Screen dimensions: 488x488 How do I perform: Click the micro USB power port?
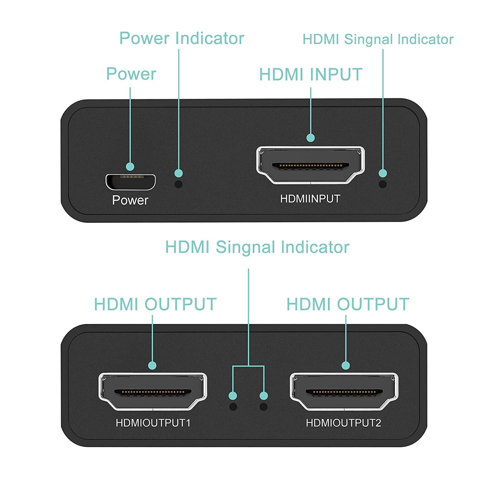(130, 182)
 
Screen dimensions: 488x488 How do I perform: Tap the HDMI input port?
(310, 165)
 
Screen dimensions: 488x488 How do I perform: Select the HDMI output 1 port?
(152, 391)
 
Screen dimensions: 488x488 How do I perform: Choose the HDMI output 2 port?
(344, 391)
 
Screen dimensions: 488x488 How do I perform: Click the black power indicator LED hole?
(179, 184)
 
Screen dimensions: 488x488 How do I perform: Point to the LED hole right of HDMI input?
(383, 184)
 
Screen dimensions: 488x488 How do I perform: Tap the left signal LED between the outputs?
(233, 407)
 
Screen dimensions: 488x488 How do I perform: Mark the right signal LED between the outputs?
(264, 407)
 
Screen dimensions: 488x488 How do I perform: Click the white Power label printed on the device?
(130, 200)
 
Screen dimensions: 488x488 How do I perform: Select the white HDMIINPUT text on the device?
(310, 199)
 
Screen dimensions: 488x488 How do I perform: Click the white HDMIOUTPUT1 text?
(153, 423)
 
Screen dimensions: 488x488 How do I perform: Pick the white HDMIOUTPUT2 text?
(343, 423)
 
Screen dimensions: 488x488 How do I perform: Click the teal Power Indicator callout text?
(182, 38)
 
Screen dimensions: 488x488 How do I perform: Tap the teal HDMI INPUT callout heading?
(311, 75)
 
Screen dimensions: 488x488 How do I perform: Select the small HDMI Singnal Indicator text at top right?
(378, 39)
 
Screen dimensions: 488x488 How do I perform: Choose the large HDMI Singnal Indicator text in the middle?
(257, 247)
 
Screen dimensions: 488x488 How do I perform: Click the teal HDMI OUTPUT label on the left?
(155, 305)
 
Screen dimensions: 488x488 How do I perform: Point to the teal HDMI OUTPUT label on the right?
(347, 305)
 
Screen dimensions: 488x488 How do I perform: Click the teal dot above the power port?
(130, 167)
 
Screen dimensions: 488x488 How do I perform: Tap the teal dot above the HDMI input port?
(311, 138)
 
